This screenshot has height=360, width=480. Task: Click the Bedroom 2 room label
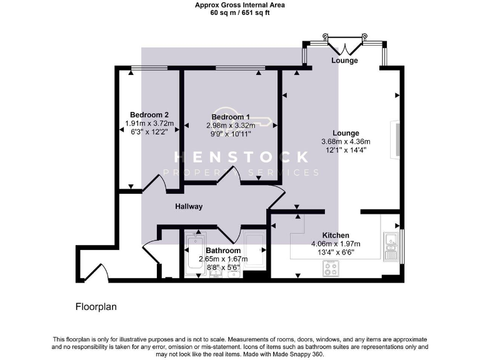[x=149, y=114]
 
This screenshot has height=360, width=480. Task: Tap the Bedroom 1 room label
[x=231, y=117]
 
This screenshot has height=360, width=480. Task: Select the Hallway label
[x=189, y=206]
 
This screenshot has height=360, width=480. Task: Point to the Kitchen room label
[x=335, y=235]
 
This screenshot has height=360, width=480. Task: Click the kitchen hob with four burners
[x=331, y=269]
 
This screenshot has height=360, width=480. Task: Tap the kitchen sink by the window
[x=391, y=246]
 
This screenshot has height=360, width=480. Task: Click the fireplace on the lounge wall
[x=395, y=141]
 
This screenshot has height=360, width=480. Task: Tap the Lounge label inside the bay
[x=345, y=61]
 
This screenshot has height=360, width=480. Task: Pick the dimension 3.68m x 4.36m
[x=346, y=141]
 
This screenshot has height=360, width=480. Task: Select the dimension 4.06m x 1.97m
[x=336, y=244]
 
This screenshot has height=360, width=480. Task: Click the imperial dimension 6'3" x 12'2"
[x=149, y=132]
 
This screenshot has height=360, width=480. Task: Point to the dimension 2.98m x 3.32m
[x=231, y=126]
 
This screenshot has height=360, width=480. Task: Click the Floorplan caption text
[x=96, y=307]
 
